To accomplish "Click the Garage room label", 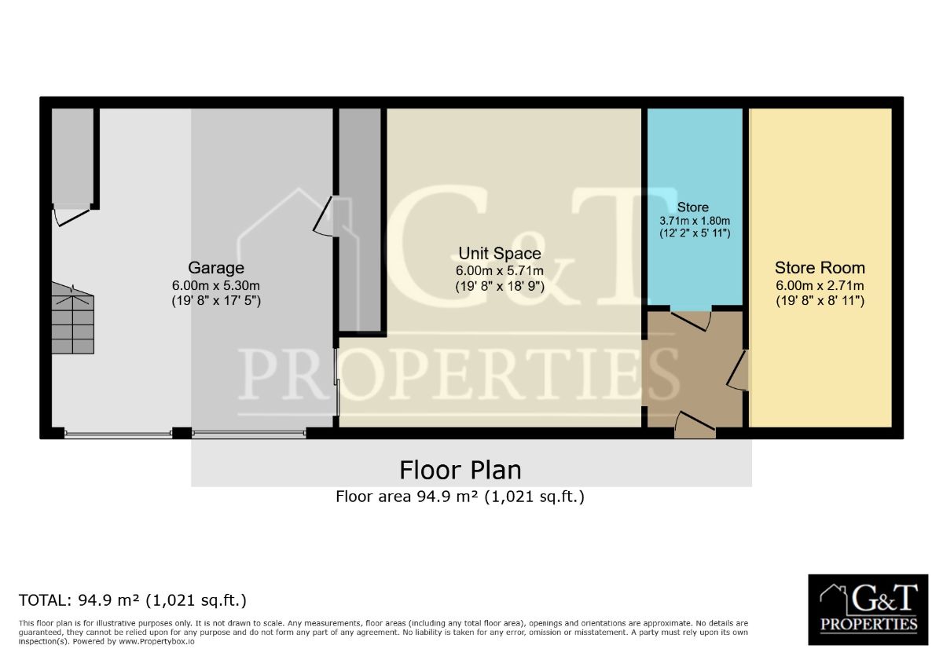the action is tap(216, 268).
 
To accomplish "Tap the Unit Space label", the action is tap(500, 253).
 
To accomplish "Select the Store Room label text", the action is tap(820, 268).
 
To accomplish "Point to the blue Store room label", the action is tap(693, 207).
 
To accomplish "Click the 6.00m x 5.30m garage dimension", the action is tap(216, 286).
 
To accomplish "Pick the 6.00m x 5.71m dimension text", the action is tap(500, 270).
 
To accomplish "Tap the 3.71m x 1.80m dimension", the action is tap(695, 221).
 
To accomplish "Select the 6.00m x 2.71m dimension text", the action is tap(820, 286).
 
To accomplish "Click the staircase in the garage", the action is tap(73, 318).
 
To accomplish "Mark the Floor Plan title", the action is tap(460, 470).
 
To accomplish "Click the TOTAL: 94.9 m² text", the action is tap(132, 600).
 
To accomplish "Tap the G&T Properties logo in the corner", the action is tap(868, 610).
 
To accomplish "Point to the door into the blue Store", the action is tap(692, 321).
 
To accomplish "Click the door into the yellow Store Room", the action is tap(738, 370).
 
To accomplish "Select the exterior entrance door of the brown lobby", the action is tap(695, 424).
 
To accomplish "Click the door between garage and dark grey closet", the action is tap(323, 216).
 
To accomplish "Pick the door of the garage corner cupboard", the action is tap(72, 215).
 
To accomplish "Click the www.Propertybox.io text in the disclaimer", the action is tap(156, 641).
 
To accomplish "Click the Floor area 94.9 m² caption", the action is tap(460, 497).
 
